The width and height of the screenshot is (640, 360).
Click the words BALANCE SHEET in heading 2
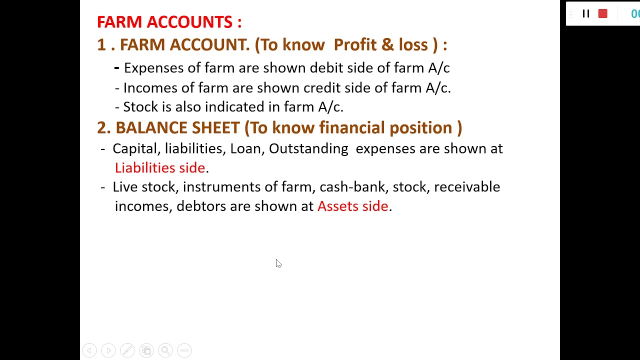177,128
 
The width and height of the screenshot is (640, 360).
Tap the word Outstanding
308,148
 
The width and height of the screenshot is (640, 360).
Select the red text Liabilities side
160,167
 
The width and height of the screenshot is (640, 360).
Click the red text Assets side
352,206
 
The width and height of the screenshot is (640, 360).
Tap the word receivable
466,187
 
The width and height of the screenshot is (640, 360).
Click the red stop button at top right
602,13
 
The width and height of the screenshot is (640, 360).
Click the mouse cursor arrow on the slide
278,263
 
